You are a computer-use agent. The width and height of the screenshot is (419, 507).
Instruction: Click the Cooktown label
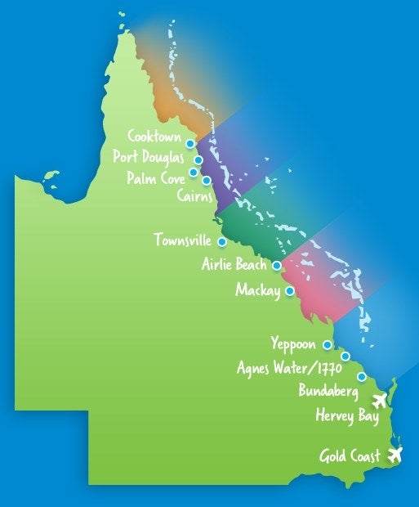[x=154, y=136]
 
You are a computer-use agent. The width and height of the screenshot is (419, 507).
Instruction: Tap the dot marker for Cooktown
[x=190, y=143]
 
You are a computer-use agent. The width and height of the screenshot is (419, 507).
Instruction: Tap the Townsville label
[x=182, y=240]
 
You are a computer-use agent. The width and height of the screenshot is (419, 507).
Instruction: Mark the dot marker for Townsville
[x=221, y=242]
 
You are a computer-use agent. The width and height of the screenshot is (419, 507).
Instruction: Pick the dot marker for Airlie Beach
[x=277, y=265]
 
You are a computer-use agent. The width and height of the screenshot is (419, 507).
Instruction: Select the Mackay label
[x=257, y=290]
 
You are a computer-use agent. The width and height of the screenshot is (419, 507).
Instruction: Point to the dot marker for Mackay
[x=289, y=289]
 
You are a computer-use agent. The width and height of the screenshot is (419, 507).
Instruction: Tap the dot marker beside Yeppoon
[x=328, y=344]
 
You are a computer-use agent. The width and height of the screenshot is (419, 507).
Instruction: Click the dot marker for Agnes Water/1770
[x=345, y=357]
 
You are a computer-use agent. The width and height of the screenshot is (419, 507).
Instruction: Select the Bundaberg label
[x=328, y=393]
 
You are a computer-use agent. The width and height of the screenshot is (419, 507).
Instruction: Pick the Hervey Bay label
[x=347, y=416]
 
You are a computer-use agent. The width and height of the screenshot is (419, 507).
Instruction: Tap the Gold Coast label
[x=350, y=455]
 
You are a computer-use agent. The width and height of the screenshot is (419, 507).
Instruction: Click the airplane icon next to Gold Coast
[x=396, y=454]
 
